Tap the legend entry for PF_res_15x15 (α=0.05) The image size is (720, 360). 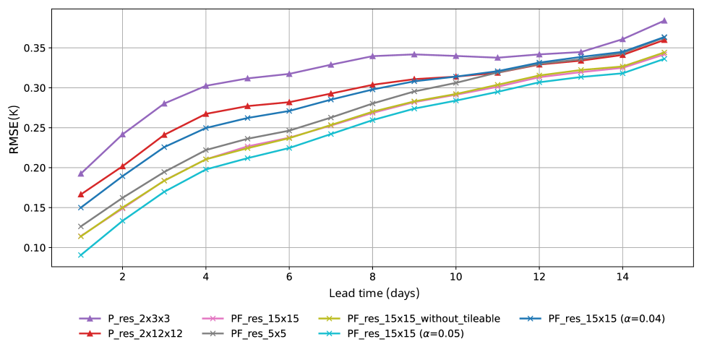point(406,333)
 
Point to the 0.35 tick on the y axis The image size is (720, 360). point(34,48)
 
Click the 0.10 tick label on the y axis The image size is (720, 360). point(34,248)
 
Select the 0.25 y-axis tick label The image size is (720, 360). point(34,128)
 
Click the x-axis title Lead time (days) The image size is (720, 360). point(374,293)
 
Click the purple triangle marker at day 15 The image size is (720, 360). point(664,20)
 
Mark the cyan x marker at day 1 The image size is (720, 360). point(81,255)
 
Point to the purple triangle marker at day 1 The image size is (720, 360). point(81,173)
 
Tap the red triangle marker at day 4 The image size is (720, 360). point(206,113)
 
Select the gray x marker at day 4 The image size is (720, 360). point(206,150)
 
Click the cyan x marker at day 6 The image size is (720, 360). point(289,147)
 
